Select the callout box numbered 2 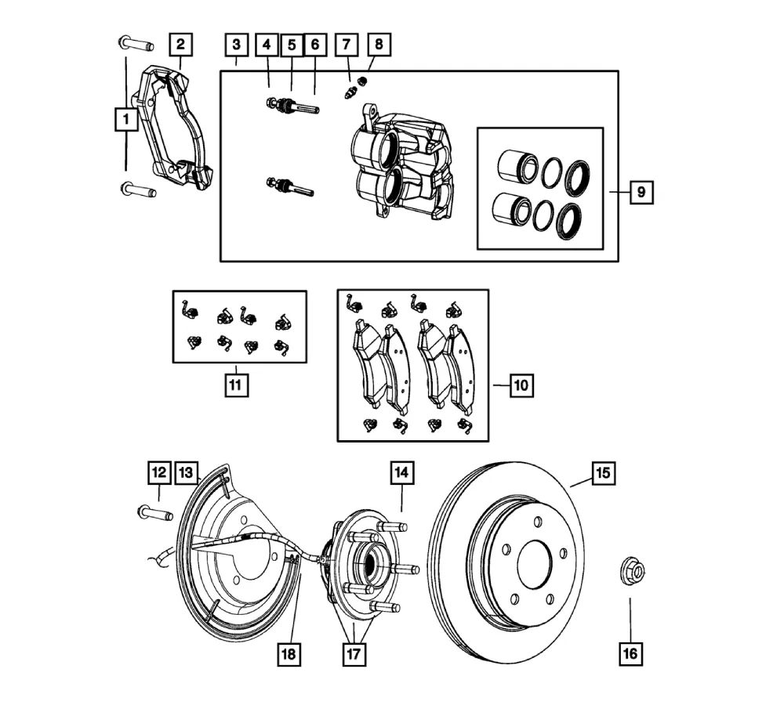[180, 44]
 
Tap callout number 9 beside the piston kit [641, 192]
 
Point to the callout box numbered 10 [521, 385]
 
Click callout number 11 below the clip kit [234, 385]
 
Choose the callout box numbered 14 [402, 473]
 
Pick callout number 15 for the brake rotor [602, 473]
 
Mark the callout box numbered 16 [630, 653]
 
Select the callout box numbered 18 [291, 653]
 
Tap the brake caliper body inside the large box [400, 164]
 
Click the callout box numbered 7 [344, 44]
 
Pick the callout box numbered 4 [267, 44]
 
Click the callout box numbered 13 [186, 473]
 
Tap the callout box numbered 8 [378, 44]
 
